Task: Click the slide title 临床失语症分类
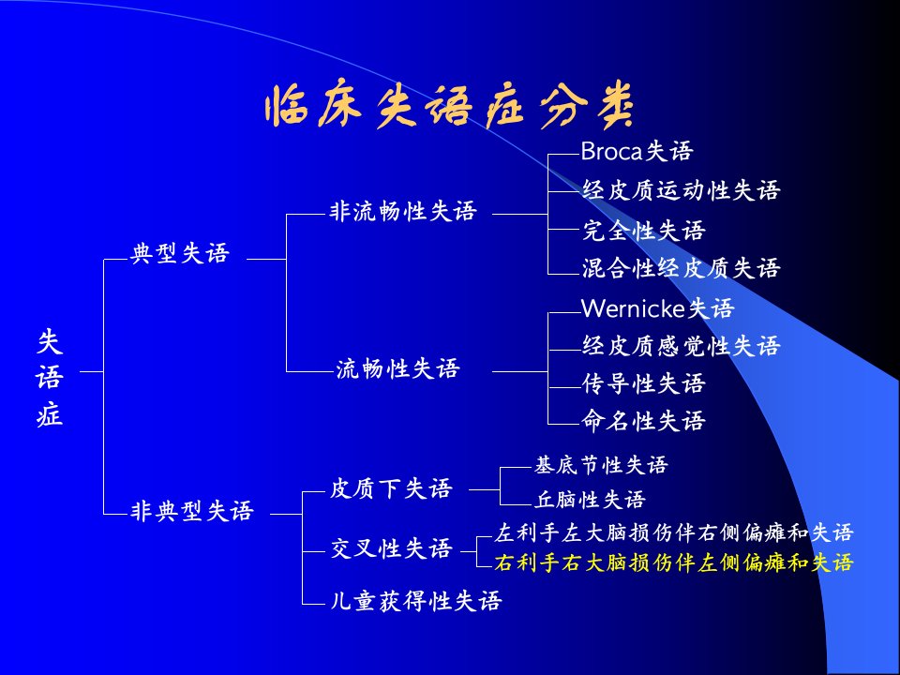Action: pyautogui.click(x=449, y=107)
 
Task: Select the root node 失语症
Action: pyautogui.click(x=50, y=377)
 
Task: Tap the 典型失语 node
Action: pyautogui.click(x=180, y=253)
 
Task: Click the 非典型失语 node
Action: pyautogui.click(x=191, y=510)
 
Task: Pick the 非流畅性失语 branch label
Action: pyautogui.click(x=403, y=211)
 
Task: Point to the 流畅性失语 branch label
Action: pyautogui.click(x=397, y=368)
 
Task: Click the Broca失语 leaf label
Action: pyautogui.click(x=637, y=152)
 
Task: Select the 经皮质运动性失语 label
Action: pyautogui.click(x=681, y=190)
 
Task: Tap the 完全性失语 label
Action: pyautogui.click(x=643, y=231)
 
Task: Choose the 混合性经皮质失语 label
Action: pyautogui.click(x=681, y=268)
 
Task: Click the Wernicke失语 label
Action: pyautogui.click(x=658, y=308)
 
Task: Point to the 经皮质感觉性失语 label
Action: pyautogui.click(x=681, y=346)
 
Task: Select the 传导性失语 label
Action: pyautogui.click(x=643, y=383)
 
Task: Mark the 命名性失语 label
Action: pyautogui.click(x=643, y=421)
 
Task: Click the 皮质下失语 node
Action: pyautogui.click(x=392, y=489)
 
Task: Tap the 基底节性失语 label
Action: pyautogui.click(x=601, y=465)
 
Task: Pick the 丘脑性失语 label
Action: pyautogui.click(x=590, y=500)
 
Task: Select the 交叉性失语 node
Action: pyautogui.click(x=392, y=548)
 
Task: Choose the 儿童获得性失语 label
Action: pyautogui.click(x=416, y=601)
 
